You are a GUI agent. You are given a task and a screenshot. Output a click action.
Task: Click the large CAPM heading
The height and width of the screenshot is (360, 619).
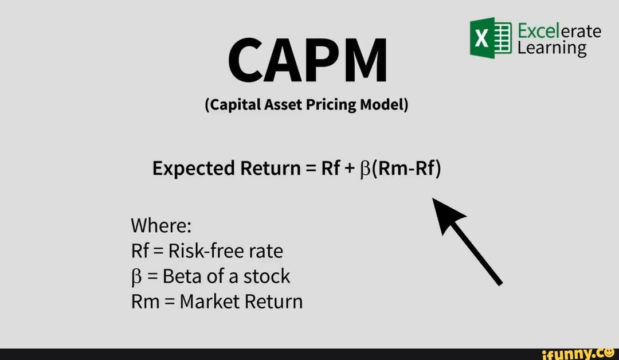(308, 60)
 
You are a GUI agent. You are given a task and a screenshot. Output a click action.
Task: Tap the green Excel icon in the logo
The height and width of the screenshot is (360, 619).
(491, 38)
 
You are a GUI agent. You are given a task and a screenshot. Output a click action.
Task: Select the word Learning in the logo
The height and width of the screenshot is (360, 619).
(552, 49)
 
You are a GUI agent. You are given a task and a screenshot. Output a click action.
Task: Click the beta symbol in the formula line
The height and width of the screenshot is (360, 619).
(365, 170)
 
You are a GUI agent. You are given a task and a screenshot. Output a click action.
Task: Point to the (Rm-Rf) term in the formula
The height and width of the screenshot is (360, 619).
(406, 169)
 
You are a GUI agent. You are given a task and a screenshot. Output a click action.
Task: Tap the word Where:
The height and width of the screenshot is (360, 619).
(161, 226)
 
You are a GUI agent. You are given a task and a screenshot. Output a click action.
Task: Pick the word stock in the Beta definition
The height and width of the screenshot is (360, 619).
(267, 276)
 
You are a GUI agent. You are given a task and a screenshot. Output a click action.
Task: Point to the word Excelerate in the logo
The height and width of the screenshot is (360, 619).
(559, 31)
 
